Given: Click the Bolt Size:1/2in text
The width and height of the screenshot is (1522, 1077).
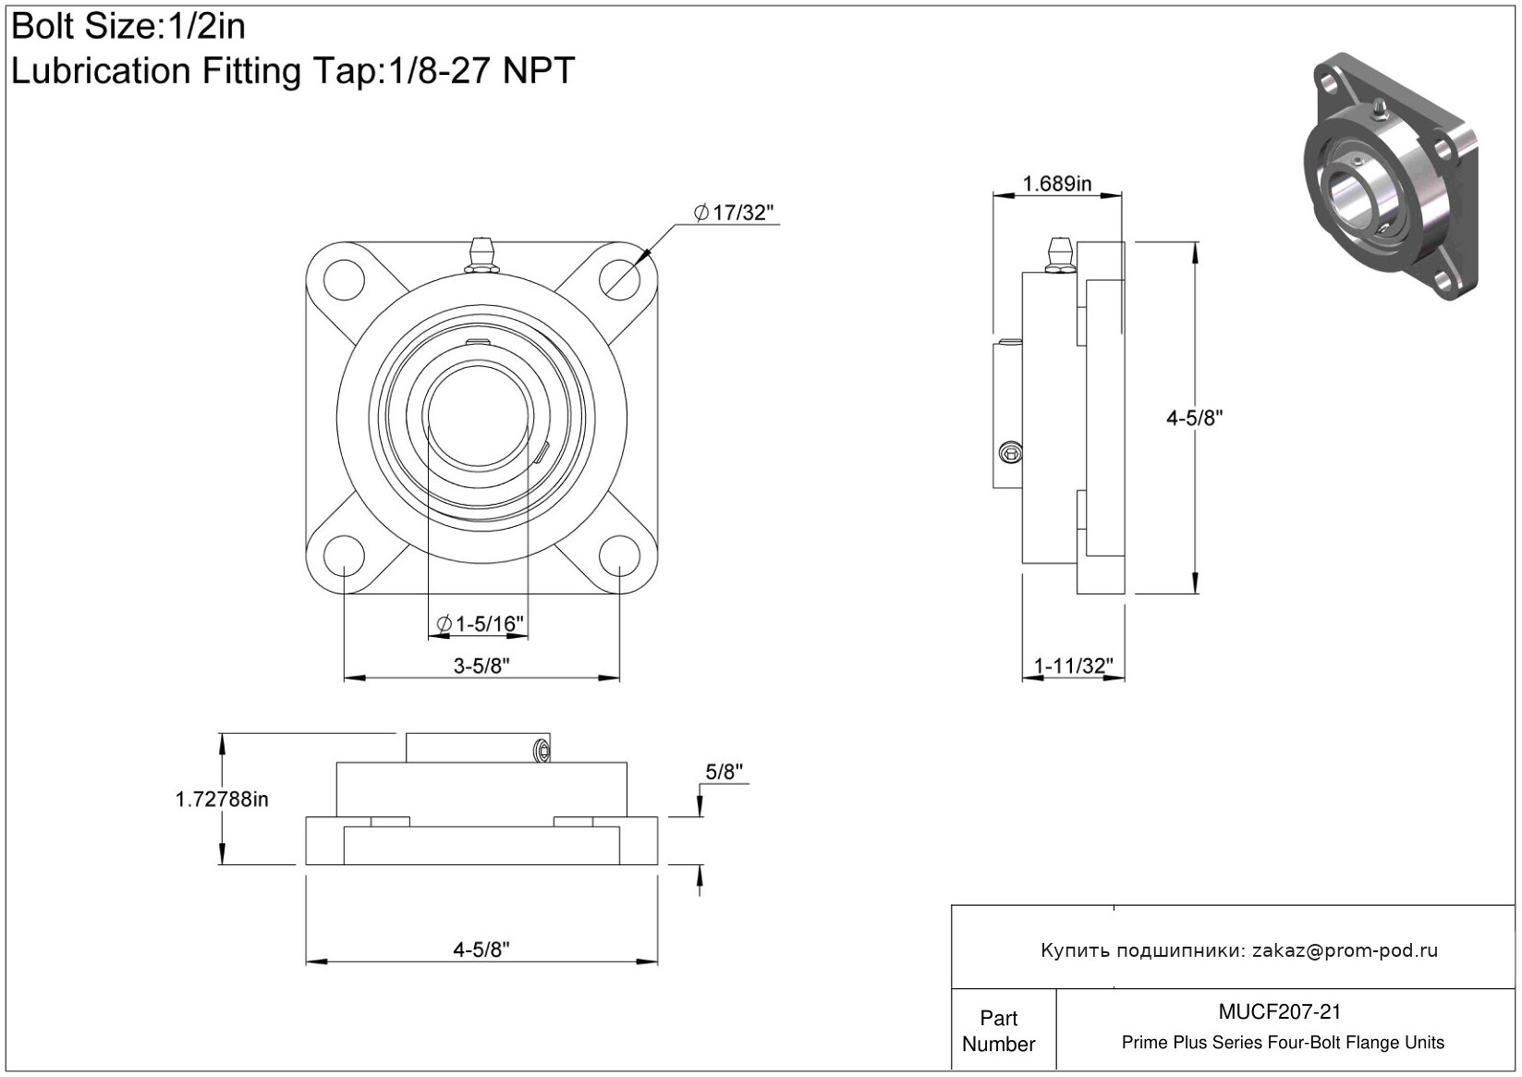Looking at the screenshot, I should (128, 27).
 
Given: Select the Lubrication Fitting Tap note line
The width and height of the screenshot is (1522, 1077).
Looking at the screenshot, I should (293, 71).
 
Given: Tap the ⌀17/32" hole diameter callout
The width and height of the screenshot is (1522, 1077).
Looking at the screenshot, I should (734, 214).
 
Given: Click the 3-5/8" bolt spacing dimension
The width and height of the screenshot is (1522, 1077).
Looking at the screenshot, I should (481, 666).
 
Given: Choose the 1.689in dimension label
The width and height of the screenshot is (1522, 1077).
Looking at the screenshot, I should (1056, 184).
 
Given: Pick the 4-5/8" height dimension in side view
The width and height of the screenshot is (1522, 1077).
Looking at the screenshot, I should (1193, 418).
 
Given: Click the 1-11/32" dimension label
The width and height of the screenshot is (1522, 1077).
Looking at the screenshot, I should (1073, 666).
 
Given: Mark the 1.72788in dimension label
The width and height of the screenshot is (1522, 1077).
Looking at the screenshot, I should (222, 800).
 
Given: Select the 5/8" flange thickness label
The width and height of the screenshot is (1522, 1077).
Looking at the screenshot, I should (724, 773).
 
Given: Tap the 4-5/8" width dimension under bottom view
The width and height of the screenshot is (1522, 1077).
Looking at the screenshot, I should (481, 949).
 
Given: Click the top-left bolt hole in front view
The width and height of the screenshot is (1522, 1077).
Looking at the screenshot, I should (343, 278).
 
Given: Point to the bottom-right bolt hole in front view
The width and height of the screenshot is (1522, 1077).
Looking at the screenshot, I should (618, 555).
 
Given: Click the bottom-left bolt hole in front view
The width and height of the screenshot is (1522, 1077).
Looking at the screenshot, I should (343, 555).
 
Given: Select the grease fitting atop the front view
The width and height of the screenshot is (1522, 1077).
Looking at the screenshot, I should (482, 255).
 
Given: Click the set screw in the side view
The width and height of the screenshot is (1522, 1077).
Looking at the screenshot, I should (1012, 452).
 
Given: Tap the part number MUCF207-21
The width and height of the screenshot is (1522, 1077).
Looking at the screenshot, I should (1280, 1012).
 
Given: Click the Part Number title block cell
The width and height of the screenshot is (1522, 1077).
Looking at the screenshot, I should (999, 1031).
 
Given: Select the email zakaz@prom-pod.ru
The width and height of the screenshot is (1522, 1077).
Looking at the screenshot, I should (1345, 950).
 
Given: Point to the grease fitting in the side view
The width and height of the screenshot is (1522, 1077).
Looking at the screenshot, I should (1058, 254).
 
